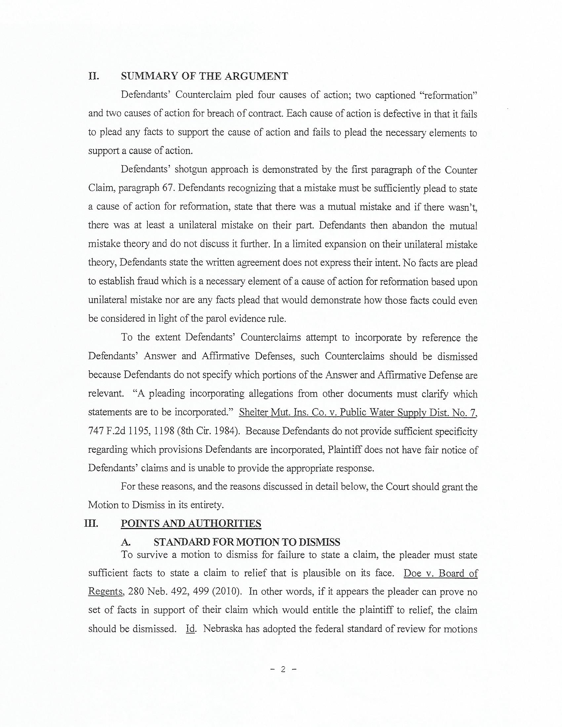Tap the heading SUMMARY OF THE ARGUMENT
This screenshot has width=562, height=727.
[204, 76]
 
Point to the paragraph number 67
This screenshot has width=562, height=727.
[169, 188]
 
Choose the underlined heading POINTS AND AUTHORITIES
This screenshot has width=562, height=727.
[191, 524]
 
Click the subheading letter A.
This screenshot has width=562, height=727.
[126, 542]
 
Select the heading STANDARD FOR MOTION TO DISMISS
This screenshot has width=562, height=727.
[247, 542]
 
